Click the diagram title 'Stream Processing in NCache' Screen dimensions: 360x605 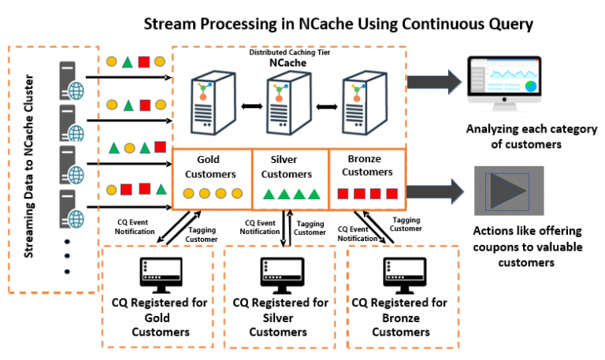338,23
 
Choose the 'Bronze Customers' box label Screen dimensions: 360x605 367,165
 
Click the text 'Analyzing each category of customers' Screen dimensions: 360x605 520,136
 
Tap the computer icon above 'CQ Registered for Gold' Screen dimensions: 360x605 158,273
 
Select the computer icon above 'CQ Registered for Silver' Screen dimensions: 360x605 278,273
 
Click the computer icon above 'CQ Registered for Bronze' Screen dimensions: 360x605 399,273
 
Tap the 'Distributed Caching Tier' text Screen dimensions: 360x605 287,52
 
